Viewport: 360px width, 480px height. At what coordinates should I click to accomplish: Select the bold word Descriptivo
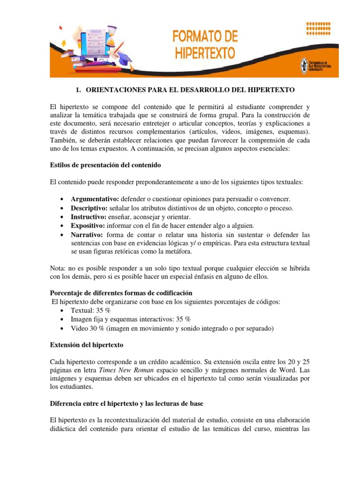click(89, 208)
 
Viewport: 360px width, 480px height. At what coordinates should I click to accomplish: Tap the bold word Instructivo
click(88, 217)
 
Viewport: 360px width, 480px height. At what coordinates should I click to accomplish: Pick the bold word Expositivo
click(87, 225)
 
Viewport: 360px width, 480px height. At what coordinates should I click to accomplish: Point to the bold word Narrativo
click(87, 234)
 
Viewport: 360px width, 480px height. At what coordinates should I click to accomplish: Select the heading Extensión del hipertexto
click(86, 345)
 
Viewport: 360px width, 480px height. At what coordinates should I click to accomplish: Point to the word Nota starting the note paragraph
click(58, 268)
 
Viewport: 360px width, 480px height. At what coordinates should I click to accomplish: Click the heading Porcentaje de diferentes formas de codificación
click(121, 293)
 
